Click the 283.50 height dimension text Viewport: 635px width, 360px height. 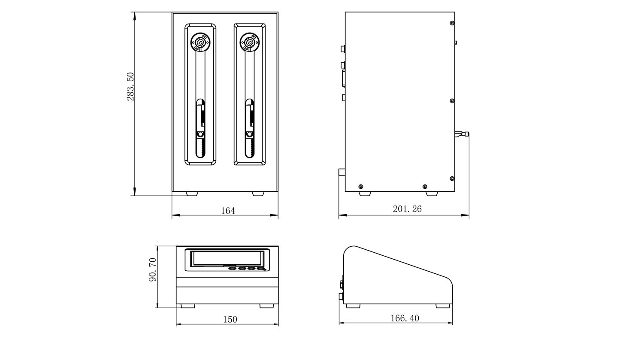(130, 87)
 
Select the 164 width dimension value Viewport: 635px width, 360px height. (228, 211)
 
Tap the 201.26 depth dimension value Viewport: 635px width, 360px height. (407, 209)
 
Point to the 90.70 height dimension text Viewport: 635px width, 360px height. (153, 270)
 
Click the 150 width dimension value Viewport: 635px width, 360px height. (230, 319)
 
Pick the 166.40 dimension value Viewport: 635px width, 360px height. (405, 318)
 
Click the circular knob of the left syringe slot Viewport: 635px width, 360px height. (200, 42)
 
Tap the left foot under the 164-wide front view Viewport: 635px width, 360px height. (192, 194)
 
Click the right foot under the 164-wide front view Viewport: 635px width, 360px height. (258, 194)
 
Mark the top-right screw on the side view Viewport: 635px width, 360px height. (452, 23)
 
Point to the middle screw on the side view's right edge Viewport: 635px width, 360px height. (452, 101)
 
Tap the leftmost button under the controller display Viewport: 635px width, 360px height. (233, 269)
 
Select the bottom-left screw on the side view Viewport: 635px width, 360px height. (360, 187)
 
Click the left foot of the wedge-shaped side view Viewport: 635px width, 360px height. (353, 306)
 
